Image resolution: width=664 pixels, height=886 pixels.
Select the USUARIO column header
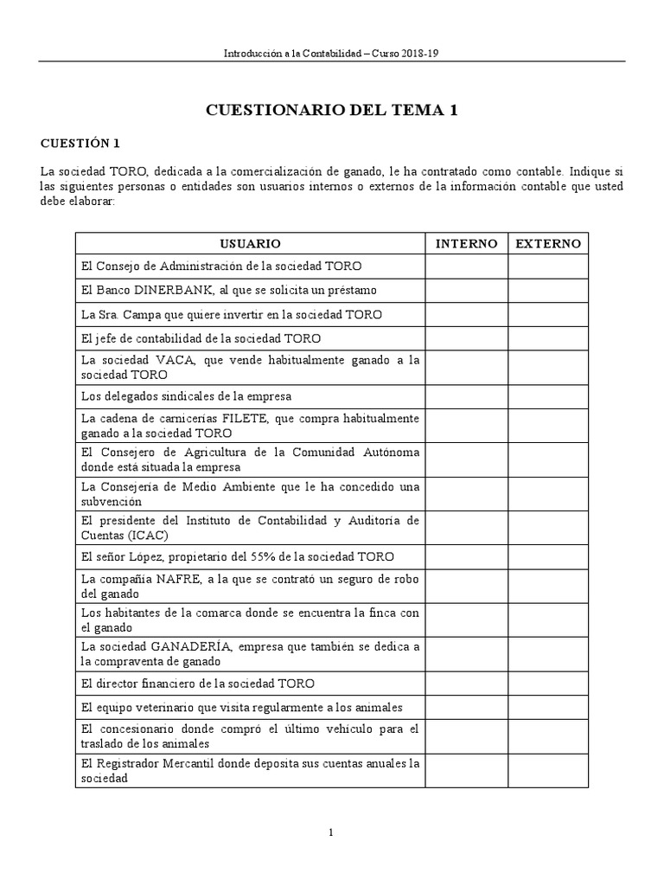pos(250,244)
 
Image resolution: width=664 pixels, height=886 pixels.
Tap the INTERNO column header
pos(466,244)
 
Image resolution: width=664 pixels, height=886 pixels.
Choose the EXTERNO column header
pos(548,244)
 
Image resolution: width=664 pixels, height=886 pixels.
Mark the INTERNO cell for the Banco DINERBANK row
pos(466,290)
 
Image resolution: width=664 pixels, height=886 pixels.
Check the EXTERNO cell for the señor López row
pos(548,557)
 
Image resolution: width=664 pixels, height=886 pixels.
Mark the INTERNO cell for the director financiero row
pos(466,683)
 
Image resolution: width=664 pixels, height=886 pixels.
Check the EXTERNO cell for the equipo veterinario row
pos(548,707)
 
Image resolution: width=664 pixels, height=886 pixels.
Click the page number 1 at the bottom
pos(331,832)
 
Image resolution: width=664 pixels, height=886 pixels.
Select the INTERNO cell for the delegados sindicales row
pos(466,396)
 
